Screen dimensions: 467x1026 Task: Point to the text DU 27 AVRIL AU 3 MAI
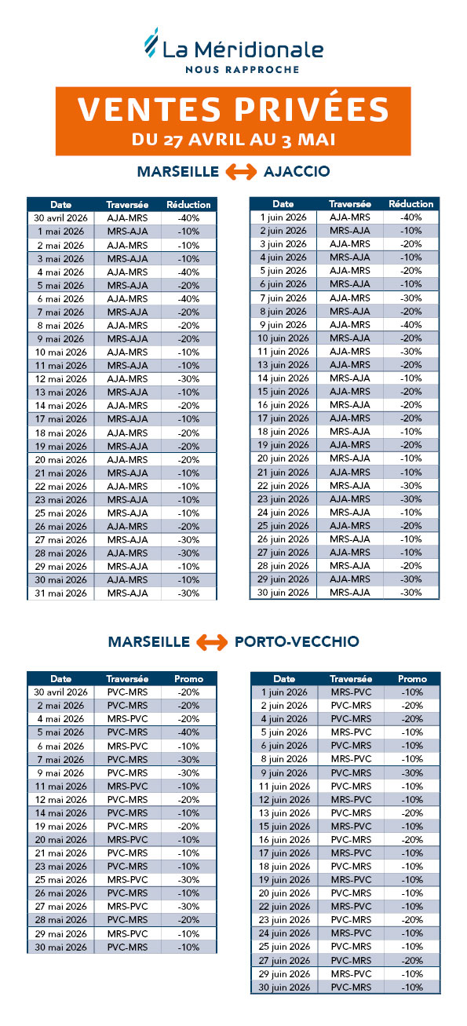pyautogui.click(x=234, y=140)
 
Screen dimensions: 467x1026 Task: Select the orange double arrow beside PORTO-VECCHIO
pyautogui.click(x=212, y=642)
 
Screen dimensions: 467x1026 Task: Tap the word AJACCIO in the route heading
pyautogui.click(x=297, y=172)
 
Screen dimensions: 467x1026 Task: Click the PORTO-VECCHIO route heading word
pyautogui.click(x=297, y=642)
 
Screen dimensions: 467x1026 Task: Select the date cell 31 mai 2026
pyautogui.click(x=61, y=593)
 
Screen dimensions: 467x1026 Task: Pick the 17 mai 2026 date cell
pyautogui.click(x=61, y=419)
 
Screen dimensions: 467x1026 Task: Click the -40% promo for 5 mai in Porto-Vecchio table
pyautogui.click(x=188, y=732)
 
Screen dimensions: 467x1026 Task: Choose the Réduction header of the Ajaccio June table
pyautogui.click(x=410, y=204)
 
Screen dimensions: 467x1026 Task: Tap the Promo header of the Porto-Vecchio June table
pyautogui.click(x=412, y=679)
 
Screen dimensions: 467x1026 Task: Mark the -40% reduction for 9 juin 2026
pyautogui.click(x=410, y=325)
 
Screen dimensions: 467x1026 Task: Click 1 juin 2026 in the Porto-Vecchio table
pyautogui.click(x=284, y=692)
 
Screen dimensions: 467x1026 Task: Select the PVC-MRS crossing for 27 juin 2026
pyautogui.click(x=350, y=960)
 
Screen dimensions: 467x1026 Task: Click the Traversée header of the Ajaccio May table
pyautogui.click(x=127, y=204)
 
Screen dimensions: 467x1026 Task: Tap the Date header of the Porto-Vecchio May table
pyautogui.click(x=61, y=679)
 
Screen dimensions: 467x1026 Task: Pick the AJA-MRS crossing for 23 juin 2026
pyautogui.click(x=350, y=499)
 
